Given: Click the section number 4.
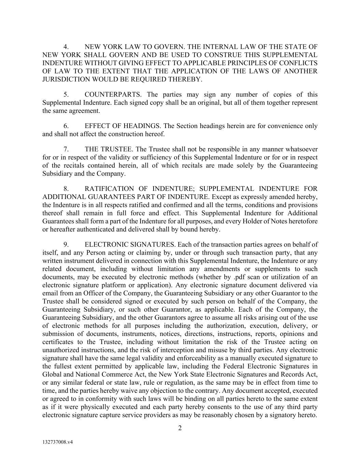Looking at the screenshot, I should [x=67, y=47].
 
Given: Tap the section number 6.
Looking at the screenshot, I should [x=67, y=126].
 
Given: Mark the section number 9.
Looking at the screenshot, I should [x=67, y=244].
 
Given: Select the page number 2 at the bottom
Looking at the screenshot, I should [x=180, y=428].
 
